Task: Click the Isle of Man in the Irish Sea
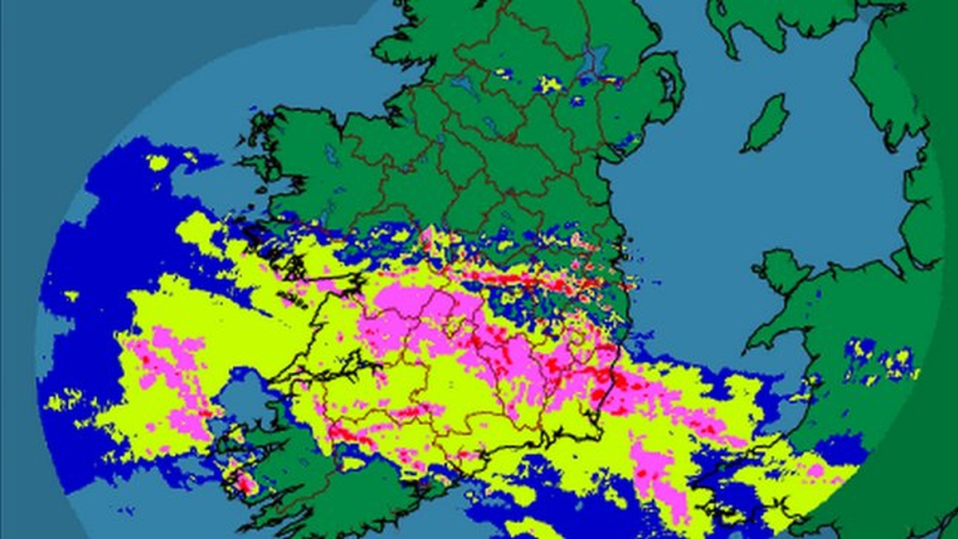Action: pos(765,124)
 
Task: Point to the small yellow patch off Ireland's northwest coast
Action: pos(158,162)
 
